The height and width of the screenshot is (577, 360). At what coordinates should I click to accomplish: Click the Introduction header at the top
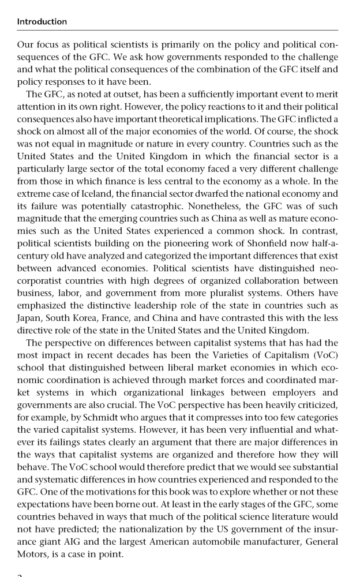[x=42, y=22]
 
